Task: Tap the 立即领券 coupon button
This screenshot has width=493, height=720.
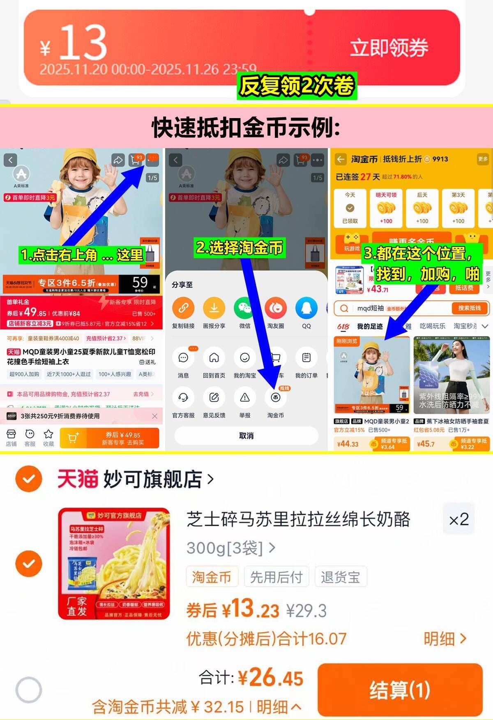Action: coord(389,48)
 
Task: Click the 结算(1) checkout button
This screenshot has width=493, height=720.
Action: coord(400,690)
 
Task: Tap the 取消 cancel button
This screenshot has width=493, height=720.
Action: coord(246,436)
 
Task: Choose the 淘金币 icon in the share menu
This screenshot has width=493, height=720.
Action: coord(275,398)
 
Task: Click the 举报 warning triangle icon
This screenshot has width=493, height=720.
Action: coord(245,398)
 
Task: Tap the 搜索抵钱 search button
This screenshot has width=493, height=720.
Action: coord(469,308)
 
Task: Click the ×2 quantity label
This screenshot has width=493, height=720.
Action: coord(458,519)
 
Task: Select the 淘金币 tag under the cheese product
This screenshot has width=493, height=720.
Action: coord(212,577)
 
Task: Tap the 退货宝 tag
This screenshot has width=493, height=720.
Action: coord(340,577)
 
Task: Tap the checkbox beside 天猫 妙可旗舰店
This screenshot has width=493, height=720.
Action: coord(29,479)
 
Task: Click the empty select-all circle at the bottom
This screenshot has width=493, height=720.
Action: coord(29,690)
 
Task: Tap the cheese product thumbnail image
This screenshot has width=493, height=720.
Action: coord(114,563)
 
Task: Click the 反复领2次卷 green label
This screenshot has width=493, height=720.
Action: coord(297,86)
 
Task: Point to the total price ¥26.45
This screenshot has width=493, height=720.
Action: coord(271,677)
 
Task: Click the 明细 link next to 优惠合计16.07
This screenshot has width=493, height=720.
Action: coord(445,639)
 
